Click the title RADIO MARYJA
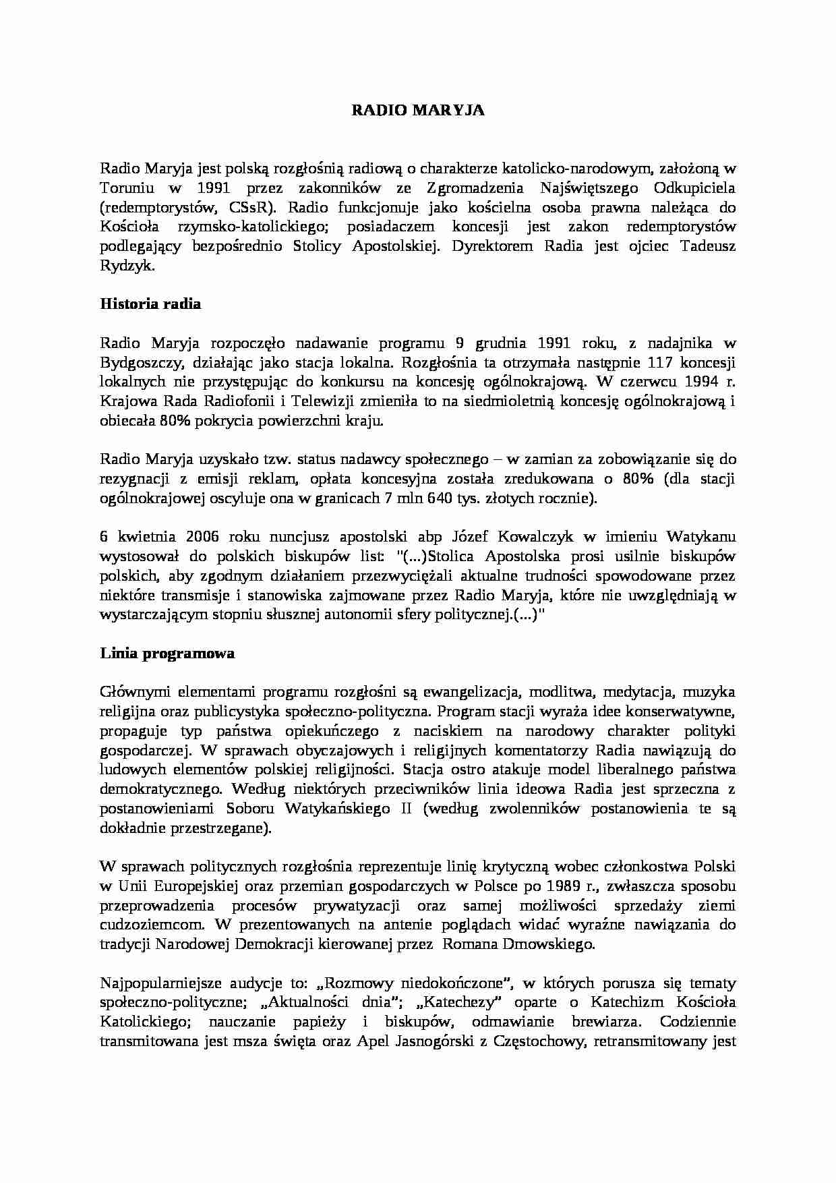pyautogui.click(x=418, y=111)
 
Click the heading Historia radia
pyautogui.click(x=150, y=304)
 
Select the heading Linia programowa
pyautogui.click(x=167, y=653)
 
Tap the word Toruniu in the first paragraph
pyautogui.click(x=123, y=187)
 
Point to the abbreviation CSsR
pyautogui.click(x=253, y=207)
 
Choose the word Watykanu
pyautogui.click(x=701, y=538)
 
